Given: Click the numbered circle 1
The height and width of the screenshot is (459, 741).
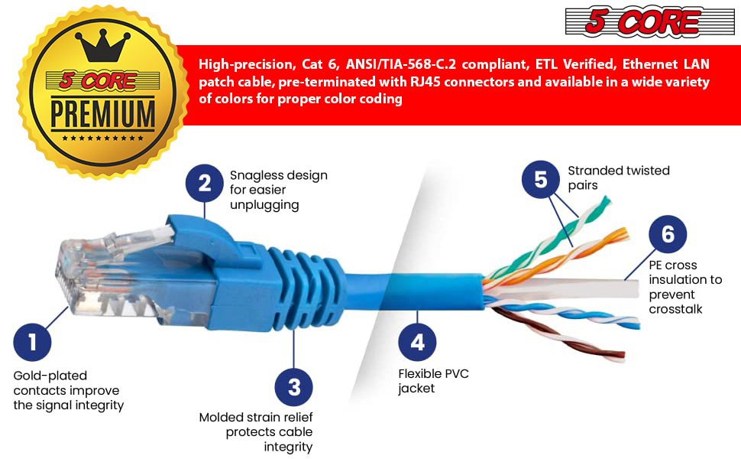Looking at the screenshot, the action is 32,342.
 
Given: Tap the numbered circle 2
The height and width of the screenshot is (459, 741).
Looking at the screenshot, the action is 205,183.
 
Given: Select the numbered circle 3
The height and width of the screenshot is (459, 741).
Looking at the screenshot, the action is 294,387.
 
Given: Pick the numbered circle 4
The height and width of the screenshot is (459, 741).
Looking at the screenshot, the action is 417,342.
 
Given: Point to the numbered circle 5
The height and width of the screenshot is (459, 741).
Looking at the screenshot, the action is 541,180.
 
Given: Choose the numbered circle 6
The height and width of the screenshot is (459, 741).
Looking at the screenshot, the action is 668,234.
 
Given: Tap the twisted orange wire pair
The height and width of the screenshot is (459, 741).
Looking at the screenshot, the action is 581,245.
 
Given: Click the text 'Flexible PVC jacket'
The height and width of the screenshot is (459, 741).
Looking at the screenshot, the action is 433,381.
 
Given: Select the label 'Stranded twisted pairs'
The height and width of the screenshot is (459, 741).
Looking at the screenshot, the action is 618,177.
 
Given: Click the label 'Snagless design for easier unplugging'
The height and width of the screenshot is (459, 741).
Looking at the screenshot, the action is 278,190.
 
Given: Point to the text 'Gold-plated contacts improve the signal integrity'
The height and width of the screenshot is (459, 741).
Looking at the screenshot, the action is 69,390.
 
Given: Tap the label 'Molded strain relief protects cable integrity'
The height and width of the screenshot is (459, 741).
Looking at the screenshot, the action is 257,431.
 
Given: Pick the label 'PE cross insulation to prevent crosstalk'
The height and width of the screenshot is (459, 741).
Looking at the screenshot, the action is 685,287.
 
